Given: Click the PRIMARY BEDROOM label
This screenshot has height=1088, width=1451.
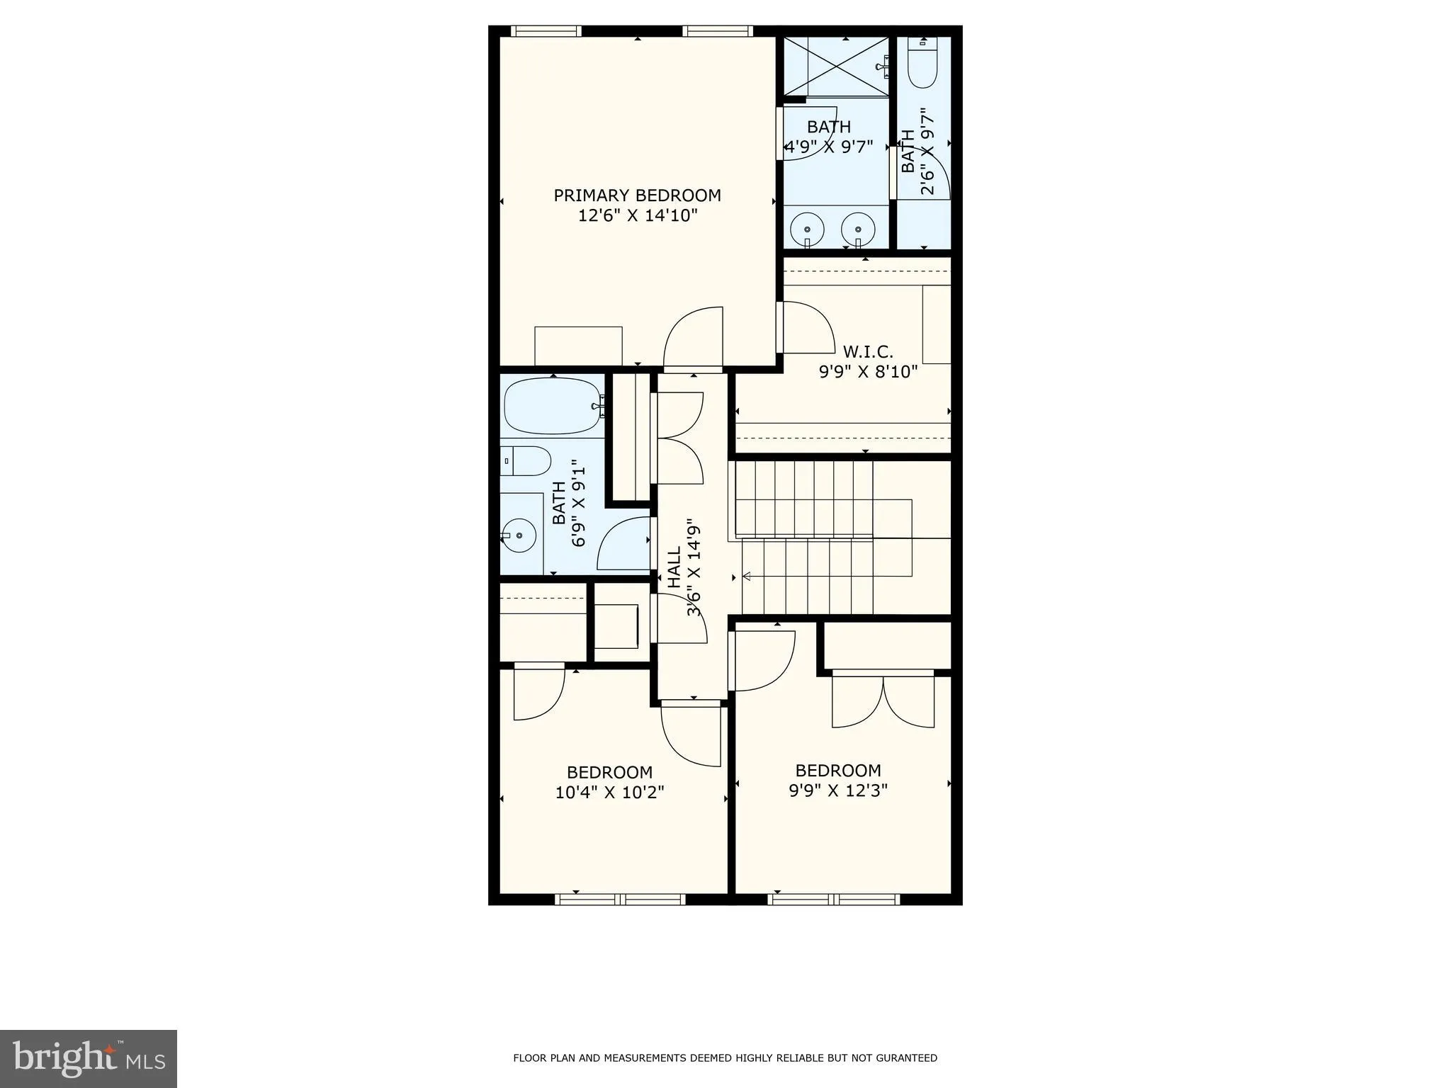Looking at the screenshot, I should [x=637, y=195].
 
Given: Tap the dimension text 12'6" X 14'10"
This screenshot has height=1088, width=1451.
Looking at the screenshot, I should [x=638, y=215].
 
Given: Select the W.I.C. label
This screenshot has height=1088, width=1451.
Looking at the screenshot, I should [x=867, y=351].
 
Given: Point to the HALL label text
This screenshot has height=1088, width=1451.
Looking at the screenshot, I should [x=674, y=567].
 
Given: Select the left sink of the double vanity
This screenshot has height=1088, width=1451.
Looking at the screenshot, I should [x=807, y=229].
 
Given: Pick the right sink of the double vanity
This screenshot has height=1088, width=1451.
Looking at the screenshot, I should [x=858, y=229].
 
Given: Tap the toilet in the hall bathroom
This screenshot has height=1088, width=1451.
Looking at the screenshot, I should [x=526, y=461].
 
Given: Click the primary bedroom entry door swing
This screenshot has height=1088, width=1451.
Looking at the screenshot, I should [x=693, y=339].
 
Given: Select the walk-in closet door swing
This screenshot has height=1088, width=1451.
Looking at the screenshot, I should [x=808, y=327].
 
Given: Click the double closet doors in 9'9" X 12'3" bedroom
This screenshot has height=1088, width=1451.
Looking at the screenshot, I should [x=883, y=701].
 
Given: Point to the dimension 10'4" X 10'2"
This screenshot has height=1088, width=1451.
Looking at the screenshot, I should [x=609, y=792].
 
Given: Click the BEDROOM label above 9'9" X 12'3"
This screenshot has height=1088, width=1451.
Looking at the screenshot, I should [x=838, y=771].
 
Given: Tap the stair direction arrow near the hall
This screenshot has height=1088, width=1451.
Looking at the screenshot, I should [x=746, y=577].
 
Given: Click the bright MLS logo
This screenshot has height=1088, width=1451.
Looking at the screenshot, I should [x=89, y=1058].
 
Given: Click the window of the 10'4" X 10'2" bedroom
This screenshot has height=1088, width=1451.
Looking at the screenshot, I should [x=620, y=900].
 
